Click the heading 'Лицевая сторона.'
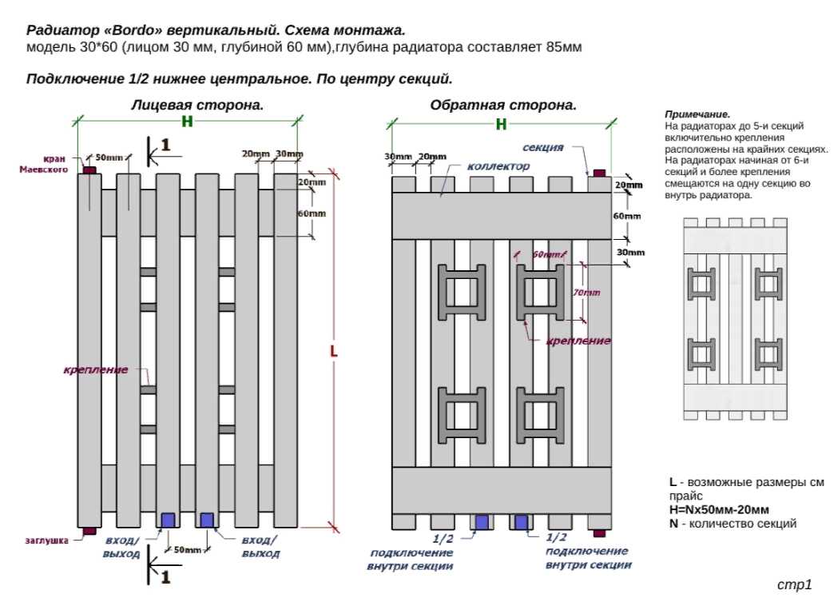[x=197, y=105]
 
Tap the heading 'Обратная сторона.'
[x=503, y=105]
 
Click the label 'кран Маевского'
[x=55, y=164]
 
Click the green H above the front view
[x=188, y=122]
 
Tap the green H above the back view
[x=501, y=124]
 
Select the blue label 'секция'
[x=544, y=148]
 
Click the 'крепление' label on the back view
[x=578, y=341]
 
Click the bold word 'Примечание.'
[x=697, y=115]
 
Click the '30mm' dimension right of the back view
[x=630, y=253]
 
